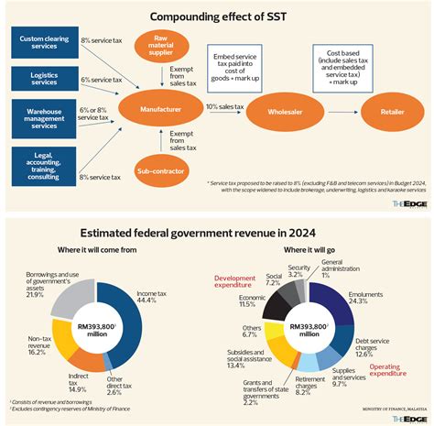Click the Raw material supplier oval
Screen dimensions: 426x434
[x=162, y=48]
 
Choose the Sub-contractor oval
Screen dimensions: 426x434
[x=162, y=171]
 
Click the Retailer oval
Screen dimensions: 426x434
[x=386, y=114]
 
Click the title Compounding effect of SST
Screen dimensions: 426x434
[x=217, y=15]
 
